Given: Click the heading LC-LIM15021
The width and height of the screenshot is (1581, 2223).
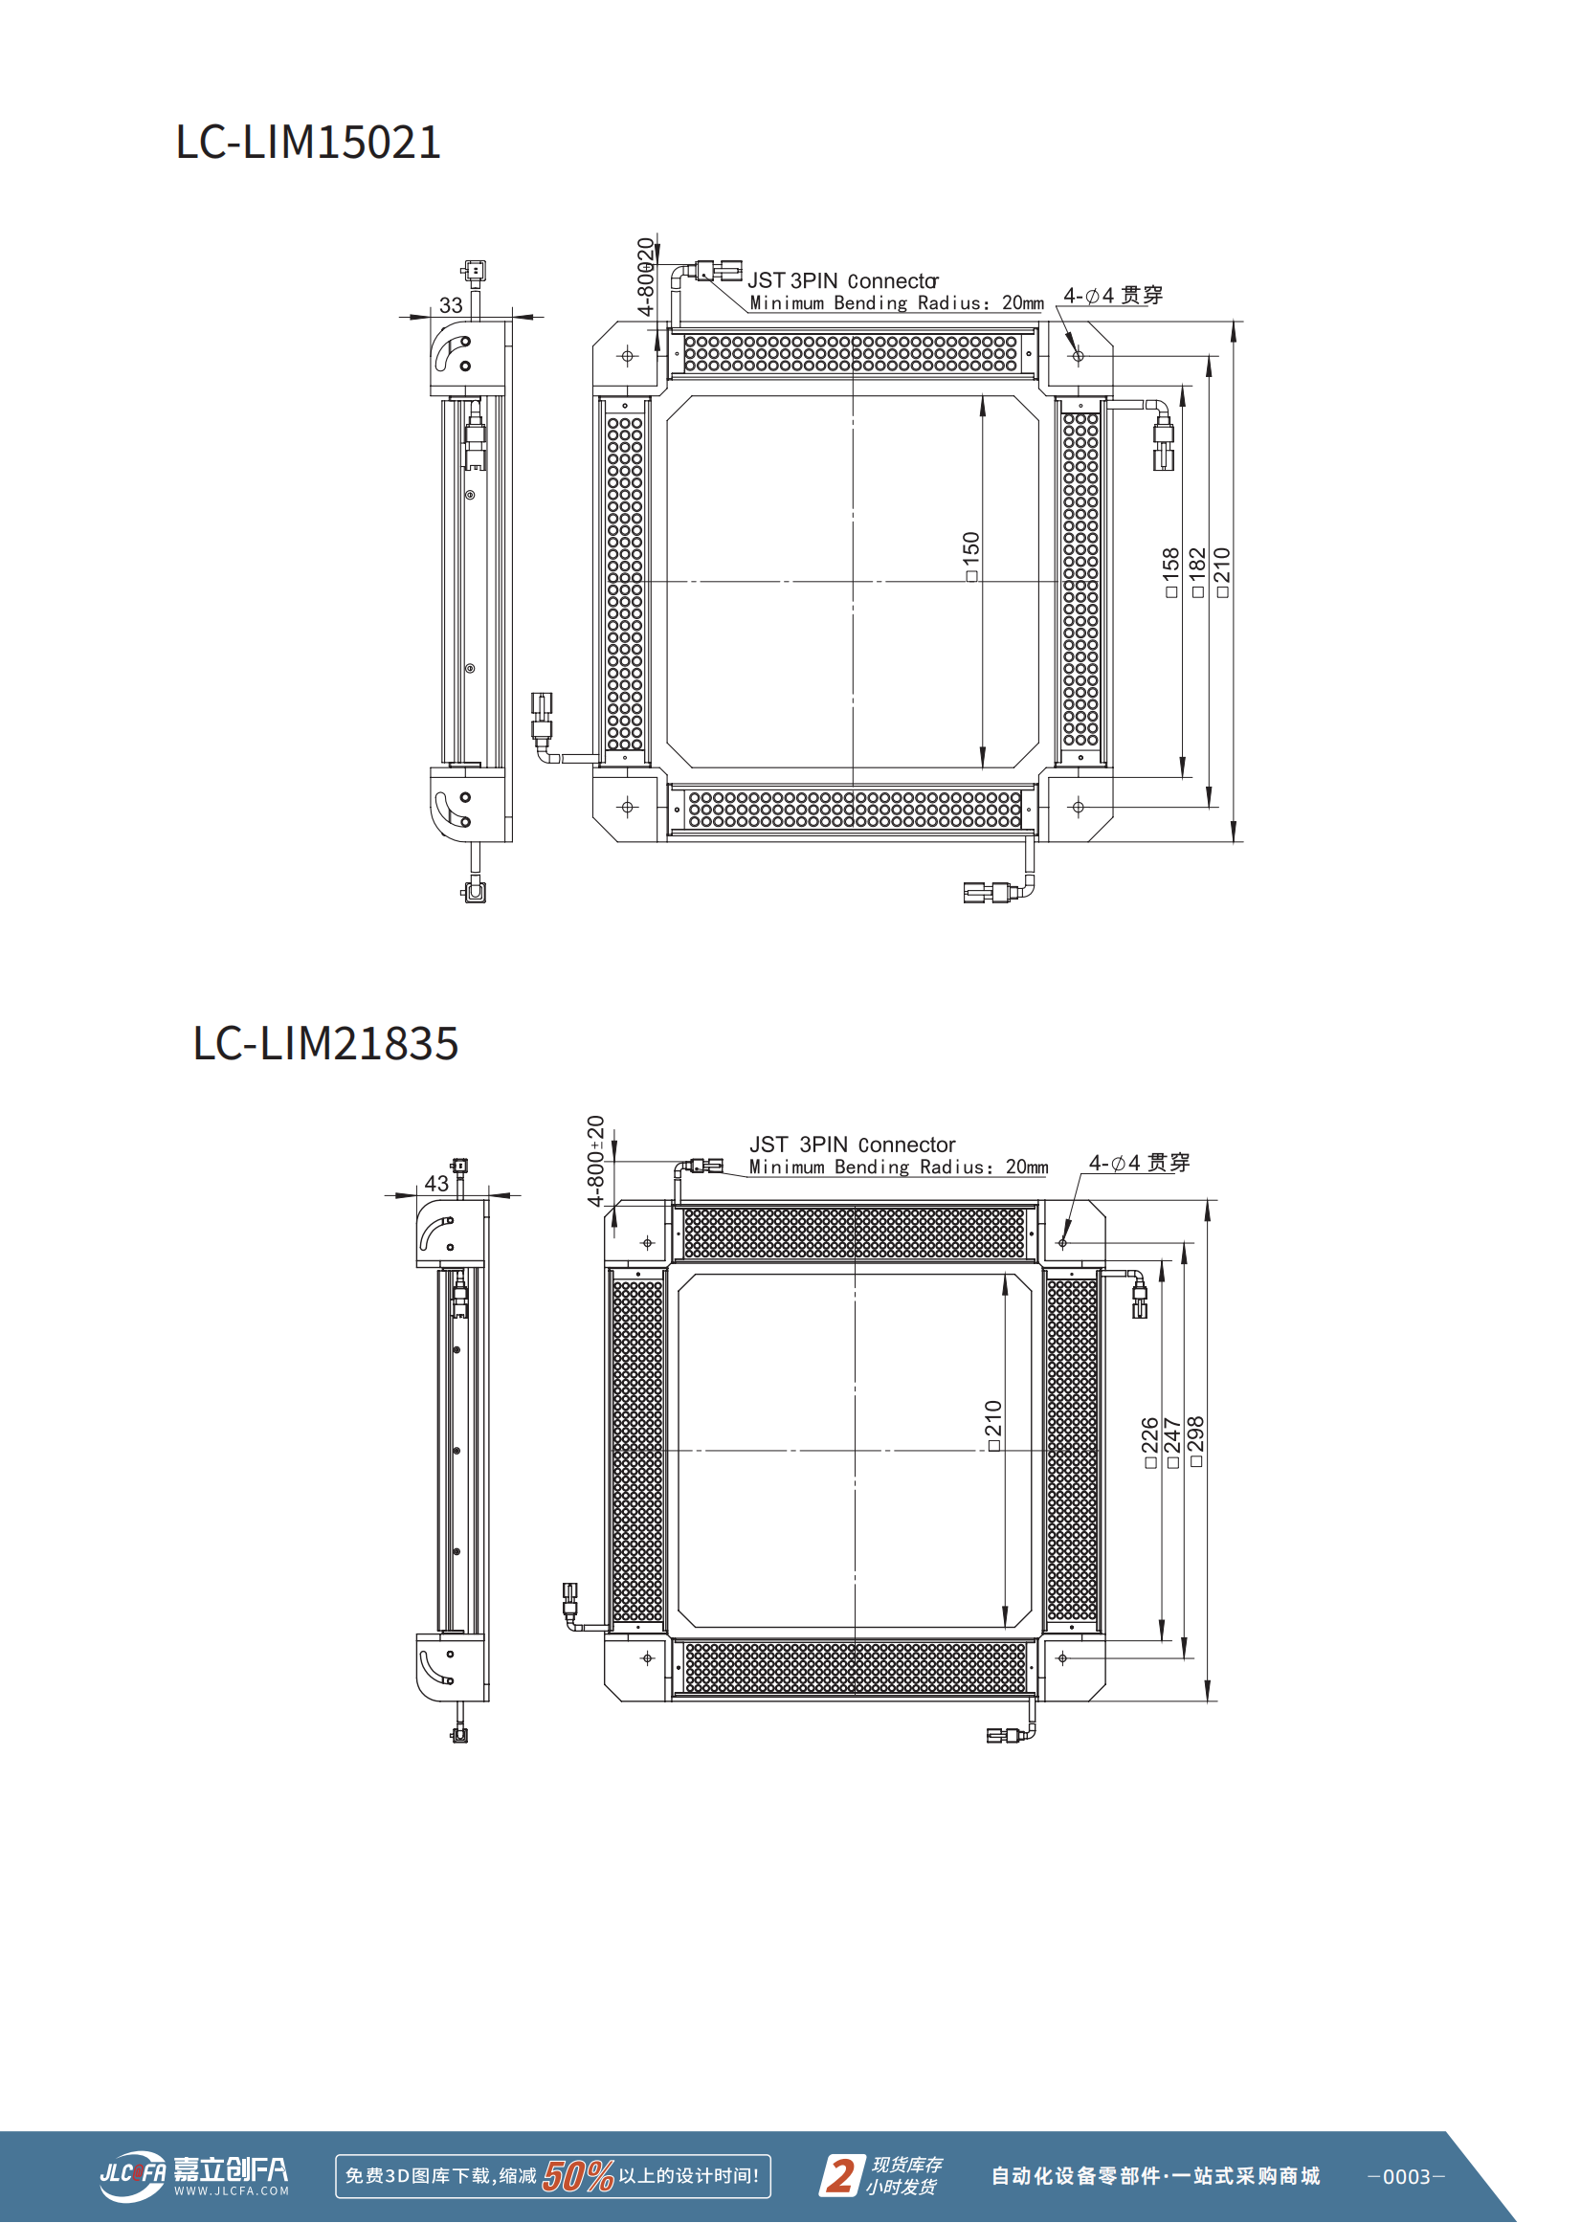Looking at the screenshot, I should [x=307, y=142].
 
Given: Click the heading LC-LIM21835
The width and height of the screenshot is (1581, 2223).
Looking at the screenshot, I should [x=325, y=1043].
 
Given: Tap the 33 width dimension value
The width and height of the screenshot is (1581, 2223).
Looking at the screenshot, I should [x=451, y=305].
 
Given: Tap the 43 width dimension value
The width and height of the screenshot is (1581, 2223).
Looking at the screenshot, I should [x=436, y=1184].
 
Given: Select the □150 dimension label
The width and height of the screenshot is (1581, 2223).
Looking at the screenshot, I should [x=970, y=556].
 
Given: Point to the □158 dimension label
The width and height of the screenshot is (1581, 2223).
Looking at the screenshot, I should [x=1171, y=571].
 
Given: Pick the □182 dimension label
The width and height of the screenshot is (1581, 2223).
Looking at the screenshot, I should [x=1197, y=571].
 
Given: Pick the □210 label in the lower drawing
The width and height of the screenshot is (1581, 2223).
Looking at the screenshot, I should [x=993, y=1426].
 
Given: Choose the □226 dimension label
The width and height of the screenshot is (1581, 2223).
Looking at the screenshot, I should [x=1149, y=1441].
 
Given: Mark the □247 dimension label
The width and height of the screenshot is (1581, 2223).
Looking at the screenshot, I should [x=1172, y=1441].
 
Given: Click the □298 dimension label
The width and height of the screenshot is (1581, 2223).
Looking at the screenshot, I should [x=1196, y=1440].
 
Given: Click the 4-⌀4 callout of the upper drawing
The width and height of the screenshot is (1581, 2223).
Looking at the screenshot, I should [x=1112, y=295].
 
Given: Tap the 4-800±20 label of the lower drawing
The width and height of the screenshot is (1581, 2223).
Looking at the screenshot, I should [x=596, y=1161].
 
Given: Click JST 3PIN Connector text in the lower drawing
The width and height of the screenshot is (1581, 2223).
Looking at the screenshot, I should [x=852, y=1145].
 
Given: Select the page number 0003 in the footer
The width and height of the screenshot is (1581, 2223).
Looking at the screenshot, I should [x=1406, y=2176].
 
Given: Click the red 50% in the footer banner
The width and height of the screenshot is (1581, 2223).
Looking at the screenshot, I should [x=577, y=2176].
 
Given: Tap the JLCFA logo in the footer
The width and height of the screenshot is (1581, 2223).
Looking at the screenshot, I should [x=193, y=2174].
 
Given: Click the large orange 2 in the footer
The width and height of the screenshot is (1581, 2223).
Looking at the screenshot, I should [x=840, y=2175].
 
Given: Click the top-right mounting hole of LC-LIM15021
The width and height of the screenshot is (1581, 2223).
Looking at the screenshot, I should [x=1078, y=356].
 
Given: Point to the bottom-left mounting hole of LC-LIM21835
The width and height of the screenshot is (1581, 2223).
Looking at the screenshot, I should [x=647, y=1658].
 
